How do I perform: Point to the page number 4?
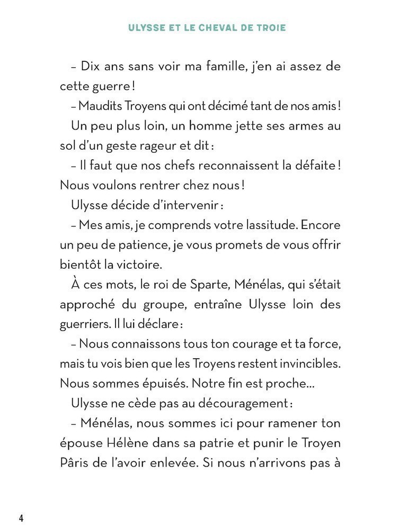[x=21, y=517]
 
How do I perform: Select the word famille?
[x=212, y=67]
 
